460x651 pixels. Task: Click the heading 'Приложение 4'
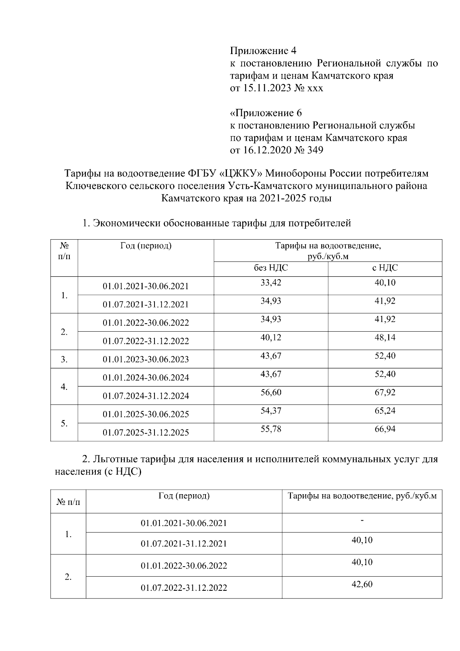coord(263,51)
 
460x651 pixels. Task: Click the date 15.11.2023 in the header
coord(266,88)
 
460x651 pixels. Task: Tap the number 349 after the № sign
coord(315,150)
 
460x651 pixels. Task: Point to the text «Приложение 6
coord(266,113)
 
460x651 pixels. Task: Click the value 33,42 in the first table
coord(271,283)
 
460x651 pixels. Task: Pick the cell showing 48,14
coord(385,338)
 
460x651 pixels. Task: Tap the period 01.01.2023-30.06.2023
coord(146,360)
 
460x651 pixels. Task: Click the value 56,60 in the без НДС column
coord(271,393)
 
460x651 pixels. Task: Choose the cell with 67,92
coord(385,393)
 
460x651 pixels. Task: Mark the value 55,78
coord(271,429)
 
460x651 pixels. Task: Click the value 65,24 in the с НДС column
coord(385,411)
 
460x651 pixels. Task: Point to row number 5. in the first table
coord(64,423)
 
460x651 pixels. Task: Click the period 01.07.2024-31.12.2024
coord(146,396)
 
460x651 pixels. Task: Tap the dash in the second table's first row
coord(362,521)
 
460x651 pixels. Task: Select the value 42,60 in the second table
coord(362,585)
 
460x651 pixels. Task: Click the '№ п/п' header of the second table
coord(68,502)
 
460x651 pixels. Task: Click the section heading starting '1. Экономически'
coord(217,223)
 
